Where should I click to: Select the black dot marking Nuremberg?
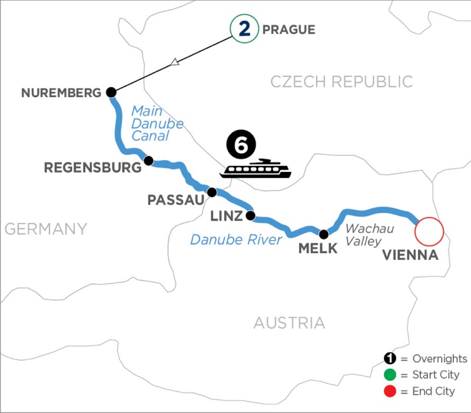point(110,92)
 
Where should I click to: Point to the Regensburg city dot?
point(149,160)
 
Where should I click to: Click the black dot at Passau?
point(212,192)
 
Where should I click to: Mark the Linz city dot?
point(250,215)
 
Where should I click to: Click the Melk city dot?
point(323,233)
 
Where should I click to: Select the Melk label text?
point(318,248)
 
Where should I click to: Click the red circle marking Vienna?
point(429,231)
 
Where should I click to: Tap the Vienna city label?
point(410,256)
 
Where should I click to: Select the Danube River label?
point(235,239)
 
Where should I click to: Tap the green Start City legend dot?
point(389,375)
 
